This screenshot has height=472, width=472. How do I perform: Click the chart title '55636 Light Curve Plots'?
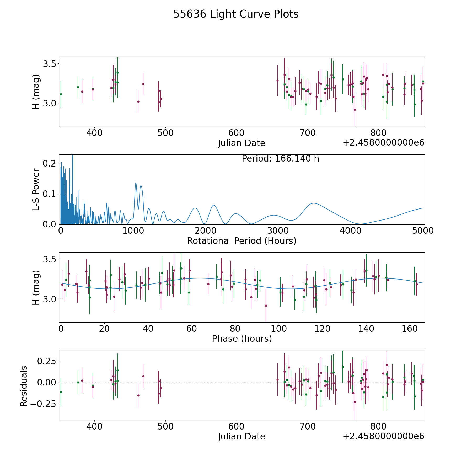[x=236, y=14]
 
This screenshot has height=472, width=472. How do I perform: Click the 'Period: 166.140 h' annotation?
[x=280, y=159]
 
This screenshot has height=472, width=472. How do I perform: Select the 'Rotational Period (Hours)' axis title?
[x=242, y=241]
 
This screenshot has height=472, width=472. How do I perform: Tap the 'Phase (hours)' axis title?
[x=242, y=339]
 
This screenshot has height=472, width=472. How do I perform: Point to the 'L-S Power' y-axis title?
[x=36, y=189]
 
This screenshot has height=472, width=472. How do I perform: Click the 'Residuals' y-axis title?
[x=24, y=386]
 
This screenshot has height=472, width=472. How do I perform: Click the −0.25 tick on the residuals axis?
[x=44, y=403]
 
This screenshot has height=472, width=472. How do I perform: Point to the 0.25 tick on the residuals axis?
[x=47, y=361]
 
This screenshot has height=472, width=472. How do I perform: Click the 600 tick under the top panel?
[x=237, y=133]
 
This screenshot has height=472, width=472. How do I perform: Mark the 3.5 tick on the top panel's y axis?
[x=50, y=64]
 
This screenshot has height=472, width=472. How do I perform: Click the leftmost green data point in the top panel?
[x=61, y=94]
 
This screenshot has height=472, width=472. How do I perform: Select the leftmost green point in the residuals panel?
[x=61, y=392]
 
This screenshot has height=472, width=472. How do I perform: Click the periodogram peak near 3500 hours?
[x=314, y=203]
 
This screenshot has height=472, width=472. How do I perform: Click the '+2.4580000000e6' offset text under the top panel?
[x=384, y=143]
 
